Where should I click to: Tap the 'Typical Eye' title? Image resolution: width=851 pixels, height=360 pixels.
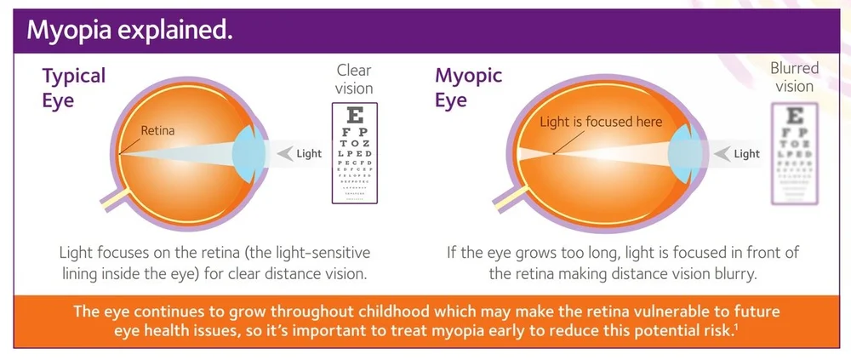point(74,88)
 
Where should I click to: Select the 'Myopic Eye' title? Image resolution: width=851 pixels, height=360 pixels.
point(468,88)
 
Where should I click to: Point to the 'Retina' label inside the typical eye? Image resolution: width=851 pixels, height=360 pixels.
point(157,131)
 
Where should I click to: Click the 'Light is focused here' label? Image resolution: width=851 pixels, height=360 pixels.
point(601,123)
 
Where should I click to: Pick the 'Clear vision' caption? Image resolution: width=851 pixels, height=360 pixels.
point(354,78)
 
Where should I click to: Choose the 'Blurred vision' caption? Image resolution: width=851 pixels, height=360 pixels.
point(794,77)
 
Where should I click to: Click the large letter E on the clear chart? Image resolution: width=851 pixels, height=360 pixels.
point(355,116)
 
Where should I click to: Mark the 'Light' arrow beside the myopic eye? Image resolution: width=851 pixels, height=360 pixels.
point(739,154)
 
